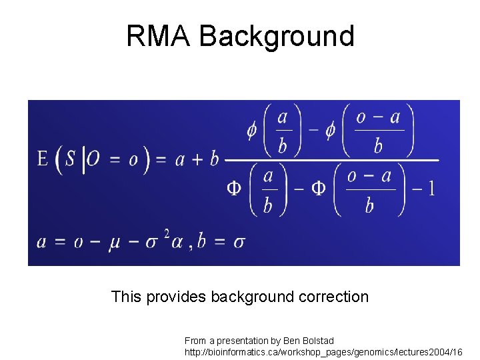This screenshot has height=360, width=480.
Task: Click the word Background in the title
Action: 277,36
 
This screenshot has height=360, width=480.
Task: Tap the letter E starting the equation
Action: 43,159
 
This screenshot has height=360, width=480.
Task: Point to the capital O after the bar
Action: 94,159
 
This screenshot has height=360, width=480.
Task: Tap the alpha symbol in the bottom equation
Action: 176,241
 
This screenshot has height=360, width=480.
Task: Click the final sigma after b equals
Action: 239,241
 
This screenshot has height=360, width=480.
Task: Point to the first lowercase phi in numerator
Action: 251,129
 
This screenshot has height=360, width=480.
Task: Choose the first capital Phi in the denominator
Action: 234,189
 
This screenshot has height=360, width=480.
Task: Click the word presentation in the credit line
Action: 245,341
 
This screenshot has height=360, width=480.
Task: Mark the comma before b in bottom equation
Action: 190,245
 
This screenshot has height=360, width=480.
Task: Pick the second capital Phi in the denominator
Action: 319,189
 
